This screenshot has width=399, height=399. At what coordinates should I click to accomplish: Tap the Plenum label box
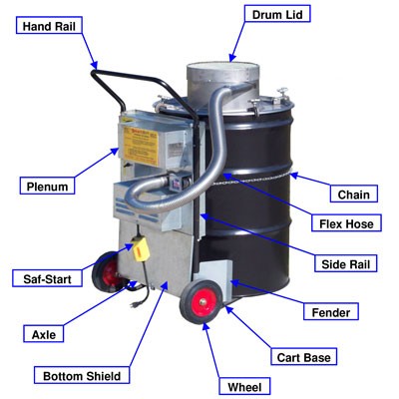coord(46,185)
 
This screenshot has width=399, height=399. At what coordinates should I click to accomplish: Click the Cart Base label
coord(305,355)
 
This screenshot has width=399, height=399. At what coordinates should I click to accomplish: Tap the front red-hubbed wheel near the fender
coord(201,300)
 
